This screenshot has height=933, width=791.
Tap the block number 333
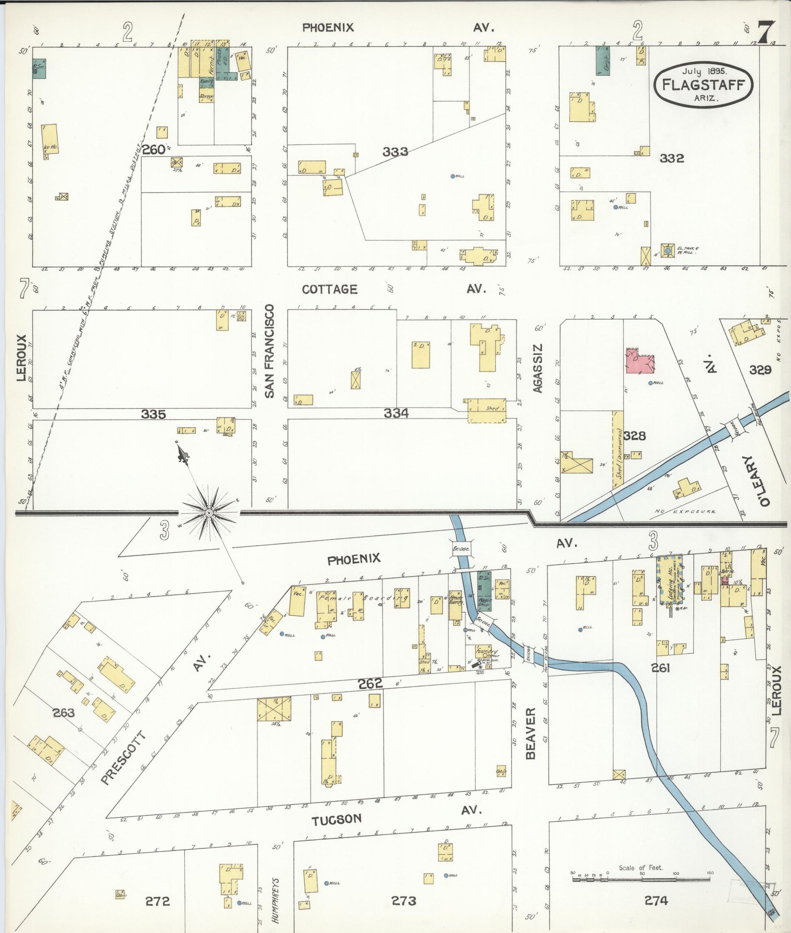pos(395,152)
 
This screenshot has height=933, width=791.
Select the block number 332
pos(671,158)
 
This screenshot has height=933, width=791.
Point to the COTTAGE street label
pos(330,289)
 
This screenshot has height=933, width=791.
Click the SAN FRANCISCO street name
pos(269,352)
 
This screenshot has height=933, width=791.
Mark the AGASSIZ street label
pos(538,369)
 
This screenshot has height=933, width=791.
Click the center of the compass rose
pos(209,512)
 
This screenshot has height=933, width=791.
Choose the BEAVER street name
pos(531,734)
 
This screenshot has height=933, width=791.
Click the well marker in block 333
pos(453,176)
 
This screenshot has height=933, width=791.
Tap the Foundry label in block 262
pos(487,651)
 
